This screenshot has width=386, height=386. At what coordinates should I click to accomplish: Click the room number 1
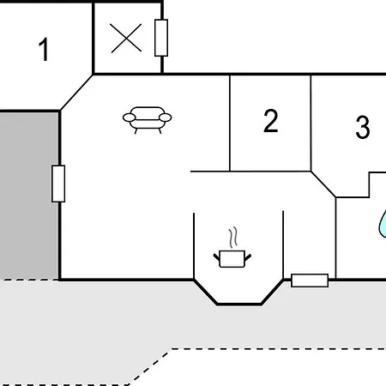[x=44, y=50]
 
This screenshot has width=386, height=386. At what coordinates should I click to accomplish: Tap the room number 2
[x=270, y=121]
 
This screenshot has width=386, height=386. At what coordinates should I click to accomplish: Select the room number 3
[x=363, y=127]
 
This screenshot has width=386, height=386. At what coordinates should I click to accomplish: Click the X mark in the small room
[x=126, y=39]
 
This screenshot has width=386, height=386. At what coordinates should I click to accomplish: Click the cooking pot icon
[x=232, y=259]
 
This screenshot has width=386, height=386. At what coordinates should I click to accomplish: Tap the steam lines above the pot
[x=233, y=238]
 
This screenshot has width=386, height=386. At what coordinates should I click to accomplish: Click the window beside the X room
[x=161, y=38]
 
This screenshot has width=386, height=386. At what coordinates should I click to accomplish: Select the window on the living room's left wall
[x=58, y=184]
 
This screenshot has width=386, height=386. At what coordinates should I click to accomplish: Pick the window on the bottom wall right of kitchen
[x=310, y=280]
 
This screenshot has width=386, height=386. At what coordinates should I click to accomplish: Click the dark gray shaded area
[x=28, y=196]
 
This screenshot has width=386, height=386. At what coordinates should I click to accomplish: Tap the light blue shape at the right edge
[x=383, y=225]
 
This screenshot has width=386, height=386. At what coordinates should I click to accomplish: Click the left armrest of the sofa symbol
[x=129, y=118]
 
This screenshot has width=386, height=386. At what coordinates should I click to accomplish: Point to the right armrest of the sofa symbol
[x=166, y=118]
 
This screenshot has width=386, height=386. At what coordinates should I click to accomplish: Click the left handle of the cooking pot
[x=217, y=256]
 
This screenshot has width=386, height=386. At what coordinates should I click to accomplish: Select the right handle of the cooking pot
[x=248, y=256]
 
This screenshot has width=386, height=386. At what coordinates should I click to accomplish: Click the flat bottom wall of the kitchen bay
[x=239, y=305]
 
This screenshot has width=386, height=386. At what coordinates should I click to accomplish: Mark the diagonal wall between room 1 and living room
[x=76, y=93]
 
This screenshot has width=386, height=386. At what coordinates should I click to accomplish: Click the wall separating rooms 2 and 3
[x=311, y=123]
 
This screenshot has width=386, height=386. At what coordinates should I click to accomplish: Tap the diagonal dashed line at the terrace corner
[x=149, y=367]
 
